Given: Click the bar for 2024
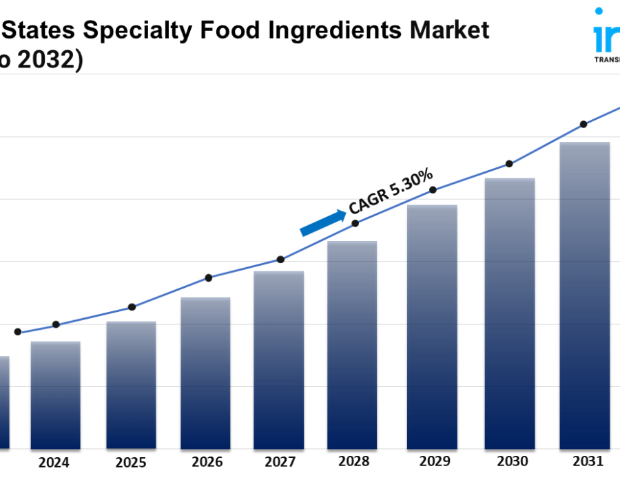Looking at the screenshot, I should point(55,395).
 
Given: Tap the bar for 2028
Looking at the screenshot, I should point(352,345).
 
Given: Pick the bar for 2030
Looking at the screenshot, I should point(510,313).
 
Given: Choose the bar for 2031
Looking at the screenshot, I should point(584,295).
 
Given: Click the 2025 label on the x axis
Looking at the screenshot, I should point(131,462).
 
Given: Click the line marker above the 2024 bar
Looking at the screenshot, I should point(56,324).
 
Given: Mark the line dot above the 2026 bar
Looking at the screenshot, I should point(209,277).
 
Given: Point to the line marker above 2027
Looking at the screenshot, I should point(280,260).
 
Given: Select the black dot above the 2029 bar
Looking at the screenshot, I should point(433,189).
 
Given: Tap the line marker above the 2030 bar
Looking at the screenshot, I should point(509,164).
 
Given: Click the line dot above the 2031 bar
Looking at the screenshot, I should point(583,124).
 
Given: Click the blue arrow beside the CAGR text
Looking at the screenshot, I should point(323,223).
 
